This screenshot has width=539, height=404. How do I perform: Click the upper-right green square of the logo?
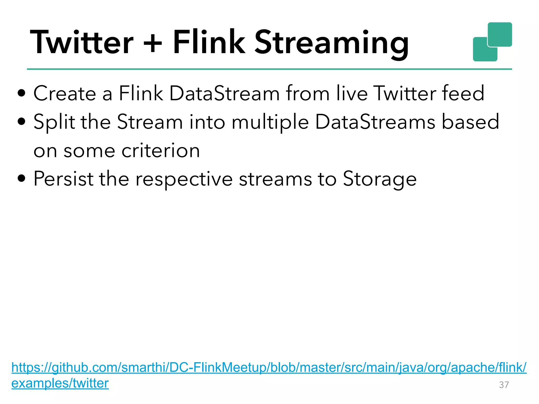[500, 34]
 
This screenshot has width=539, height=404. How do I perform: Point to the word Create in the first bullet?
[65, 93]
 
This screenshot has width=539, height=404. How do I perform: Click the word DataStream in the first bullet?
[224, 93]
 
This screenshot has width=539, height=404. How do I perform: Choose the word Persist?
[63, 179]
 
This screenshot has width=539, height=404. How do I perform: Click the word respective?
[184, 179]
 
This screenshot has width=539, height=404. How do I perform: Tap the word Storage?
[380, 179]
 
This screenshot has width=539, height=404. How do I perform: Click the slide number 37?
[504, 385]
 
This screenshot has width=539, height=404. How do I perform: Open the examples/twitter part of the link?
[60, 383]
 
